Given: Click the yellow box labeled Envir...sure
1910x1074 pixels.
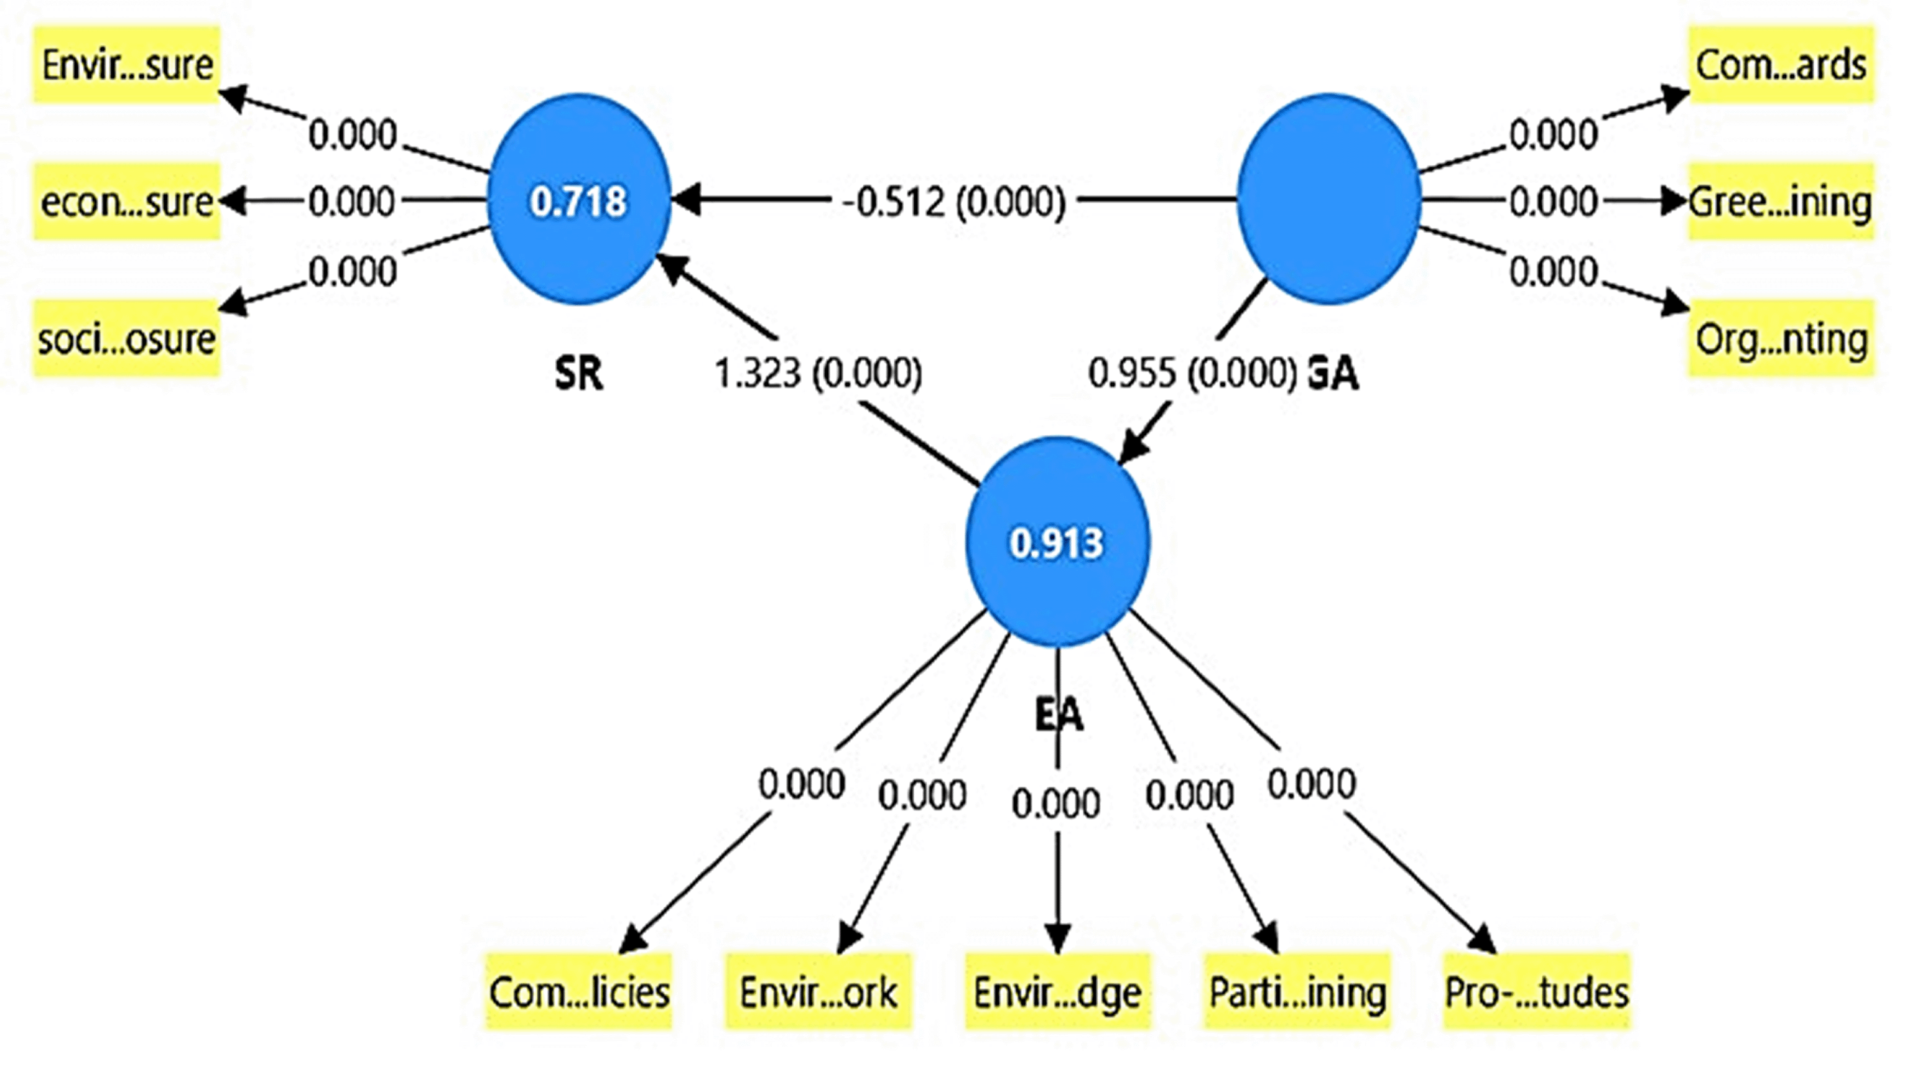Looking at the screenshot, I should (127, 65).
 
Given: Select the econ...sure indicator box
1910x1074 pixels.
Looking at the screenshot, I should (127, 201).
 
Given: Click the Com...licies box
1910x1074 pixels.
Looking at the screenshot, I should (579, 992).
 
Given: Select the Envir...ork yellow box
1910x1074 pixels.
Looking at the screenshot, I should (818, 992).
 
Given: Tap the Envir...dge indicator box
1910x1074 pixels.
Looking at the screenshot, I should (1057, 992).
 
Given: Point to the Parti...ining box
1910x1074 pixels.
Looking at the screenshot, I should (1297, 992).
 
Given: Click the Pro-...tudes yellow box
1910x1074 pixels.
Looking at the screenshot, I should (1536, 992).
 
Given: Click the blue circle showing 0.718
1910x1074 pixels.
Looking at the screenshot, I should (579, 200).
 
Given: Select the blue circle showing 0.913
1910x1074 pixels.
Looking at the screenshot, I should (1057, 542).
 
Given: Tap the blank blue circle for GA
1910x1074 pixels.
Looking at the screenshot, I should (1328, 198).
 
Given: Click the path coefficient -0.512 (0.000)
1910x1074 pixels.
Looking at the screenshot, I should (954, 201).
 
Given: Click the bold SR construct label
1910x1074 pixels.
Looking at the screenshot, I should (578, 373).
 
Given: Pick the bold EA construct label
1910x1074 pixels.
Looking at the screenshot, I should (1058, 715).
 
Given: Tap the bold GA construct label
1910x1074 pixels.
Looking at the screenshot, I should (1332, 373).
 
